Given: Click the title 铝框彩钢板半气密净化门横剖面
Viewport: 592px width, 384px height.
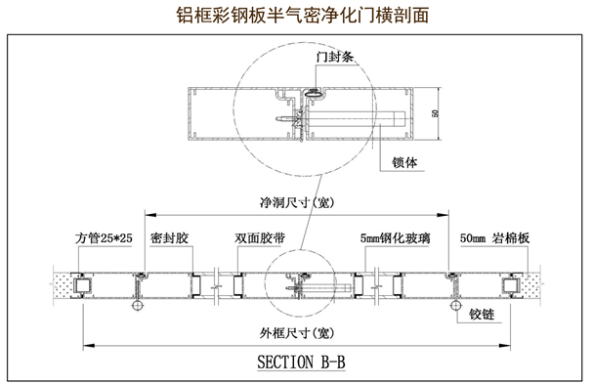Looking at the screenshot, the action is coord(303,16).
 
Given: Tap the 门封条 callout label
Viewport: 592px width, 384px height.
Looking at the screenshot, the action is coord(335,57).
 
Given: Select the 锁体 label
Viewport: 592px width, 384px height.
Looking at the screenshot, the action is coord(404,163).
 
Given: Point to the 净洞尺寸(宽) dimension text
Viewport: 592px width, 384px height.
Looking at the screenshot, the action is coord(297,203).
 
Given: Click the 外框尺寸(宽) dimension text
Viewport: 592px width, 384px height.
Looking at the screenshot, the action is coord(297,333).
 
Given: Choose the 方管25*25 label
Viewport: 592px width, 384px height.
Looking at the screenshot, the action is coord(104,238).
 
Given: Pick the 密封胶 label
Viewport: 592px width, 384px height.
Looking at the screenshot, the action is coord(169,238).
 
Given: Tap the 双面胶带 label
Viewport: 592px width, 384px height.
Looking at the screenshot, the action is coord(260,238).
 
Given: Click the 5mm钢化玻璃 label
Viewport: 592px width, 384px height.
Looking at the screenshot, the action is coord(395,238).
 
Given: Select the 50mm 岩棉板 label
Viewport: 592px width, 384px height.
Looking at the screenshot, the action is coord(494,238).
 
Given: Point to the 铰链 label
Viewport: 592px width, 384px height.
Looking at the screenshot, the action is coord(482,315).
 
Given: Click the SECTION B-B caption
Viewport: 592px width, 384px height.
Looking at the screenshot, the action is coord(301,362).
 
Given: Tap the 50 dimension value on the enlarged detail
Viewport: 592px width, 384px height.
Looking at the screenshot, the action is coord(435,113).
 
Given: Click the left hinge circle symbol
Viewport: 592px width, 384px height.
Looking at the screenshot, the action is coord(138,305).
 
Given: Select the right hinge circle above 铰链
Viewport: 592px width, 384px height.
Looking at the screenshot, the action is coord(456,305).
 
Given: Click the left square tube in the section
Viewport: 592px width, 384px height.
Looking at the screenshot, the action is coord(82,285).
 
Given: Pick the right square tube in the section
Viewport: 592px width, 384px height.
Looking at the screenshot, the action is coord(511,285).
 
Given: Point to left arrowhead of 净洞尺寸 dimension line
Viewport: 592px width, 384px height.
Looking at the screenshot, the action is coord(150,215).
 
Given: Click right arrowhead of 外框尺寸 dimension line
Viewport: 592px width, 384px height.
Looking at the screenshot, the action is coord(505,345).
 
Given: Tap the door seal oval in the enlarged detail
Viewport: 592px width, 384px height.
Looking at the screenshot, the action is coord(314,93).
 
